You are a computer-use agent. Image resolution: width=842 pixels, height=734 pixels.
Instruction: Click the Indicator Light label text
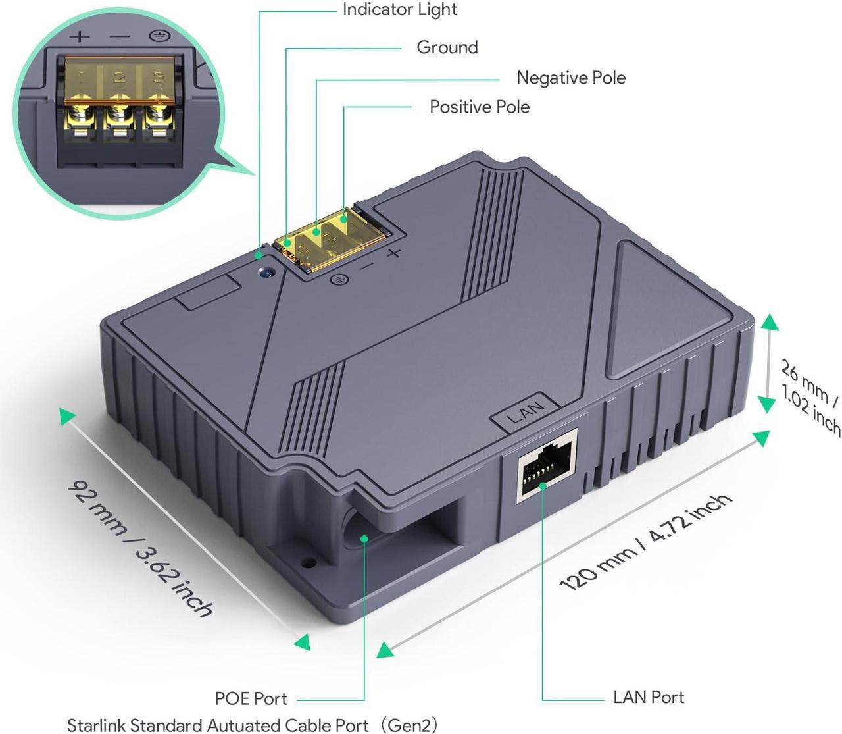(399, 10)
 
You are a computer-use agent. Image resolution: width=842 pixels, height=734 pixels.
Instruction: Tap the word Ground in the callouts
(447, 47)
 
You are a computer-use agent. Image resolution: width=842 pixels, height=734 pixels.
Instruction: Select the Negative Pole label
(571, 78)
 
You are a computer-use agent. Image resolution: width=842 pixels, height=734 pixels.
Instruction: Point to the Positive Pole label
(480, 107)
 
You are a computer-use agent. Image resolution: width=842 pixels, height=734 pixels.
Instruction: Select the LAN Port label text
(649, 697)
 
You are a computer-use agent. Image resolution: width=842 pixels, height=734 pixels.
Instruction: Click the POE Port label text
(251, 698)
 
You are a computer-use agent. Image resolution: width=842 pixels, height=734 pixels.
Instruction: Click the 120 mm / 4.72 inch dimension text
(645, 542)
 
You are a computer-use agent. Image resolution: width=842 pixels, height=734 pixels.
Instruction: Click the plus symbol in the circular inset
(80, 37)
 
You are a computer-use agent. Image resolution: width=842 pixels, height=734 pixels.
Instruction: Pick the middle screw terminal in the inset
(120, 115)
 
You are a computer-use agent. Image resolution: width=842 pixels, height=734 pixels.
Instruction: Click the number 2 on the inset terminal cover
(120, 76)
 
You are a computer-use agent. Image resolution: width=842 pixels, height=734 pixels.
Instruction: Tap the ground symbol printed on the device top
(339, 280)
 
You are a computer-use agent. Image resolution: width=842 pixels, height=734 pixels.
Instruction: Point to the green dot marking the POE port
(364, 538)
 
